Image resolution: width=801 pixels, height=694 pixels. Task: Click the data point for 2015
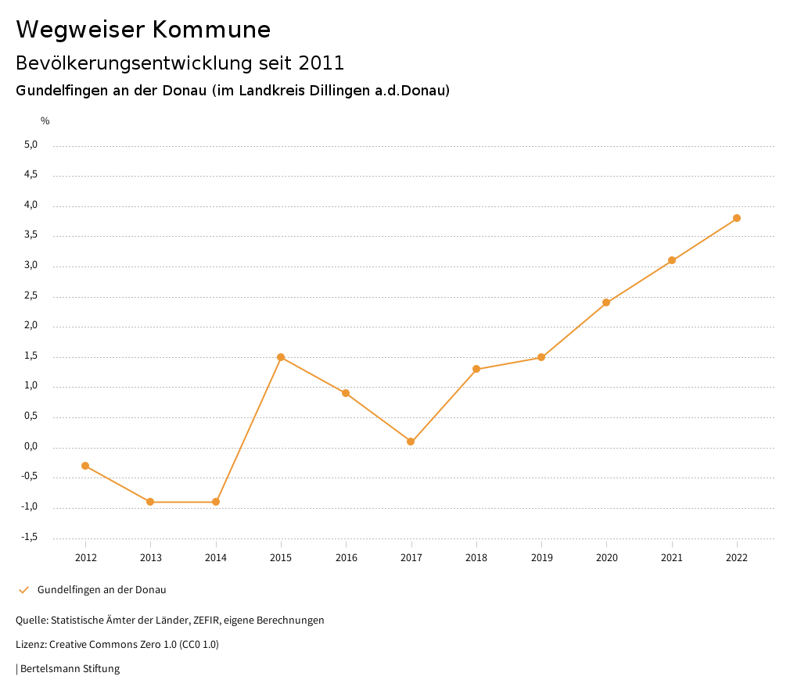(x=281, y=357)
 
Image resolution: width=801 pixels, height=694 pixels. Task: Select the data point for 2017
(x=411, y=442)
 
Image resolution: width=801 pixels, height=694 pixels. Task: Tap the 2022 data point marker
(x=737, y=218)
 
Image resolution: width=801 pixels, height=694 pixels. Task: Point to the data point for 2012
(x=85, y=466)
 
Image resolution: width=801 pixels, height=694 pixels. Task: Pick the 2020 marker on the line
(x=606, y=302)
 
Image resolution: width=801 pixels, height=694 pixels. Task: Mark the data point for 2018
(x=476, y=369)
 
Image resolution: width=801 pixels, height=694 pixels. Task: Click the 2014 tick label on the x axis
(x=216, y=557)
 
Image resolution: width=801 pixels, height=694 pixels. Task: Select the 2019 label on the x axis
(x=541, y=557)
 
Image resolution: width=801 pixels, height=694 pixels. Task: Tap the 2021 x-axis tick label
(x=672, y=557)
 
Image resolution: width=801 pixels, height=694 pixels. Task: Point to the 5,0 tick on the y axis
(x=31, y=145)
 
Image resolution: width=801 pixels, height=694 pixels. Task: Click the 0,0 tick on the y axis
(x=31, y=447)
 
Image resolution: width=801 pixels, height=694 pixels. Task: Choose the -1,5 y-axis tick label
(x=30, y=537)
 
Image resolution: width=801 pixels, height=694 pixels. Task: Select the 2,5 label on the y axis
(x=31, y=296)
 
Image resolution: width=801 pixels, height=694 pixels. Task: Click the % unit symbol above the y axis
(x=45, y=121)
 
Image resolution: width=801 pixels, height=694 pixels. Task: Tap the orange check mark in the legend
(x=23, y=590)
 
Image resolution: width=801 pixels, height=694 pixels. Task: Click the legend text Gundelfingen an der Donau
(x=102, y=590)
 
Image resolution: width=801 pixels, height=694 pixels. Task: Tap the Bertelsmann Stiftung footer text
(x=70, y=669)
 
